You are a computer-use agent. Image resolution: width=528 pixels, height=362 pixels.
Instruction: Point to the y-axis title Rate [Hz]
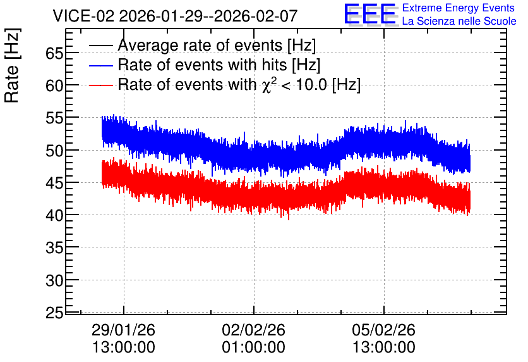click(x=12, y=65)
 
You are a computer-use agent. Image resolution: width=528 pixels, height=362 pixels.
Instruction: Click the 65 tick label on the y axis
click(x=54, y=53)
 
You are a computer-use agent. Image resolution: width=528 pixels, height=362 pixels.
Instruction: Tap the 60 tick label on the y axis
click(x=54, y=85)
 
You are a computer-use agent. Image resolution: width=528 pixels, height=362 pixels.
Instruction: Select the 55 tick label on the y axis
click(x=54, y=118)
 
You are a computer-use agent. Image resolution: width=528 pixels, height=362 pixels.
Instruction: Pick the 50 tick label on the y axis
click(x=54, y=151)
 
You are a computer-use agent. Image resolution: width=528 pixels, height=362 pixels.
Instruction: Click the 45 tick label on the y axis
click(x=54, y=183)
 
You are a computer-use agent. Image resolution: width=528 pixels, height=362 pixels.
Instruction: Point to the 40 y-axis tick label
click(x=54, y=215)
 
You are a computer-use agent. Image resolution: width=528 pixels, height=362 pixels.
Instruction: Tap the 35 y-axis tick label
click(x=54, y=248)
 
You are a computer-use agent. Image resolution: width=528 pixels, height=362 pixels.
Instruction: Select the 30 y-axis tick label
click(x=54, y=280)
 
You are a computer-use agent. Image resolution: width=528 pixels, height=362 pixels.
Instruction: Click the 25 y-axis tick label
click(x=54, y=313)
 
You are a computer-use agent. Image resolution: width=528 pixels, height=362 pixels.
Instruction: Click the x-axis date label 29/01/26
click(x=123, y=330)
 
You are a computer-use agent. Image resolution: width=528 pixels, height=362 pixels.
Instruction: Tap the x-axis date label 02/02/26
click(x=253, y=330)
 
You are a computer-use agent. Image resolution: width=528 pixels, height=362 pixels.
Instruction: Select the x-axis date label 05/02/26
click(x=383, y=330)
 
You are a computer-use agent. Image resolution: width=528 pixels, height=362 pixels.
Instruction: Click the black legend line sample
click(x=100, y=46)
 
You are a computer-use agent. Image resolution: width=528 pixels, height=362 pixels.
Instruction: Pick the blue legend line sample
click(x=100, y=65)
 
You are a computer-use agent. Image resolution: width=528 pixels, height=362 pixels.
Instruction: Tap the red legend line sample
click(x=100, y=85)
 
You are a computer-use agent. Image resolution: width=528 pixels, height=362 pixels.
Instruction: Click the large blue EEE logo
click(x=370, y=14)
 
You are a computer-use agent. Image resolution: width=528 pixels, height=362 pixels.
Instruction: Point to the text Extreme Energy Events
click(x=459, y=8)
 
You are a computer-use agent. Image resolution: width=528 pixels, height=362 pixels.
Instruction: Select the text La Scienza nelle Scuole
click(x=459, y=22)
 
